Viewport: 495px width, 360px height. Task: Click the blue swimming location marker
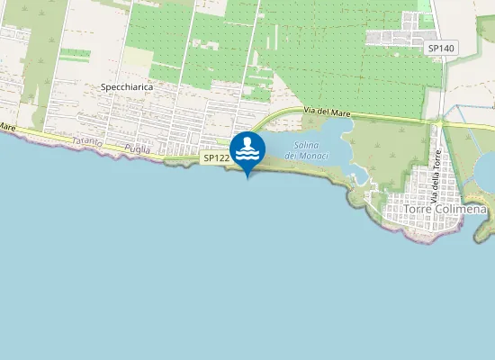(x=247, y=150)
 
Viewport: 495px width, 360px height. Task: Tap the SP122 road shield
(x=215, y=158)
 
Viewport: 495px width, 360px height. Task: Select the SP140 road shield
(x=440, y=48)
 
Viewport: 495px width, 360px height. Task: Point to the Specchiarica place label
(x=127, y=87)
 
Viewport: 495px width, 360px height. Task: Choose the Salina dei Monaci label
(x=306, y=150)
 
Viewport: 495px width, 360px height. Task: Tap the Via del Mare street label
(x=326, y=112)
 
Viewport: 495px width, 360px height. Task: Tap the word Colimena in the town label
(x=459, y=209)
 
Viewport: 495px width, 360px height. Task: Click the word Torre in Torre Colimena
(x=417, y=209)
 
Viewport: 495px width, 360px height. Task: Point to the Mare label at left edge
(x=7, y=129)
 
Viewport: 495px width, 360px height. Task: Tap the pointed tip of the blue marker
(x=247, y=176)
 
